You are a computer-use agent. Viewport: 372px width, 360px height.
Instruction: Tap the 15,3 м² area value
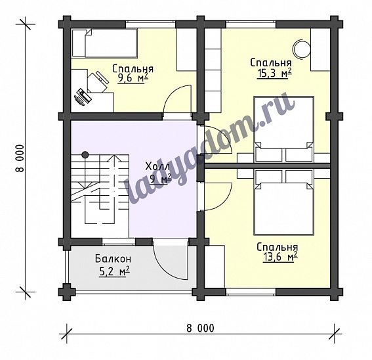pyautogui.click(x=274, y=74)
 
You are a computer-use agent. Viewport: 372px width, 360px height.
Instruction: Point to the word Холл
pyautogui.click(x=157, y=167)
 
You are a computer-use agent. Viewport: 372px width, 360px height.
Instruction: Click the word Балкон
pyautogui.click(x=113, y=259)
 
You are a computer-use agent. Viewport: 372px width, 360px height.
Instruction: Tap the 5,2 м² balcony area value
pyautogui.click(x=114, y=272)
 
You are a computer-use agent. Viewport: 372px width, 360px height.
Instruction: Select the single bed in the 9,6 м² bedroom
pyautogui.click(x=104, y=43)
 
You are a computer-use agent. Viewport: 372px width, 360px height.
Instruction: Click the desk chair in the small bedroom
pyautogui.click(x=97, y=82)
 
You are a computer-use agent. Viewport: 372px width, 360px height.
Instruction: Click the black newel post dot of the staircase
pyautogui.click(x=85, y=155)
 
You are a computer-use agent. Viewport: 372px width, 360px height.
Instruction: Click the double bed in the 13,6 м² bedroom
pyautogui.click(x=283, y=203)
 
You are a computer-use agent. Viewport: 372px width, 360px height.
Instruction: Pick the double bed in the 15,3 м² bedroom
pyautogui.click(x=283, y=129)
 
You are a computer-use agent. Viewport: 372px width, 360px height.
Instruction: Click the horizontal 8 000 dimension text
pyautogui.click(x=200, y=328)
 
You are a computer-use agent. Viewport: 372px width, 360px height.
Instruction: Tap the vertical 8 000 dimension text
pyautogui.click(x=20, y=158)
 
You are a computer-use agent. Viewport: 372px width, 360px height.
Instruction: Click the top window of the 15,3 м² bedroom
pyautogui.click(x=251, y=24)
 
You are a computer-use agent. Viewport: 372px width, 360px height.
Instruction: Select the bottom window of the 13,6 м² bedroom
pyautogui.click(x=251, y=292)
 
